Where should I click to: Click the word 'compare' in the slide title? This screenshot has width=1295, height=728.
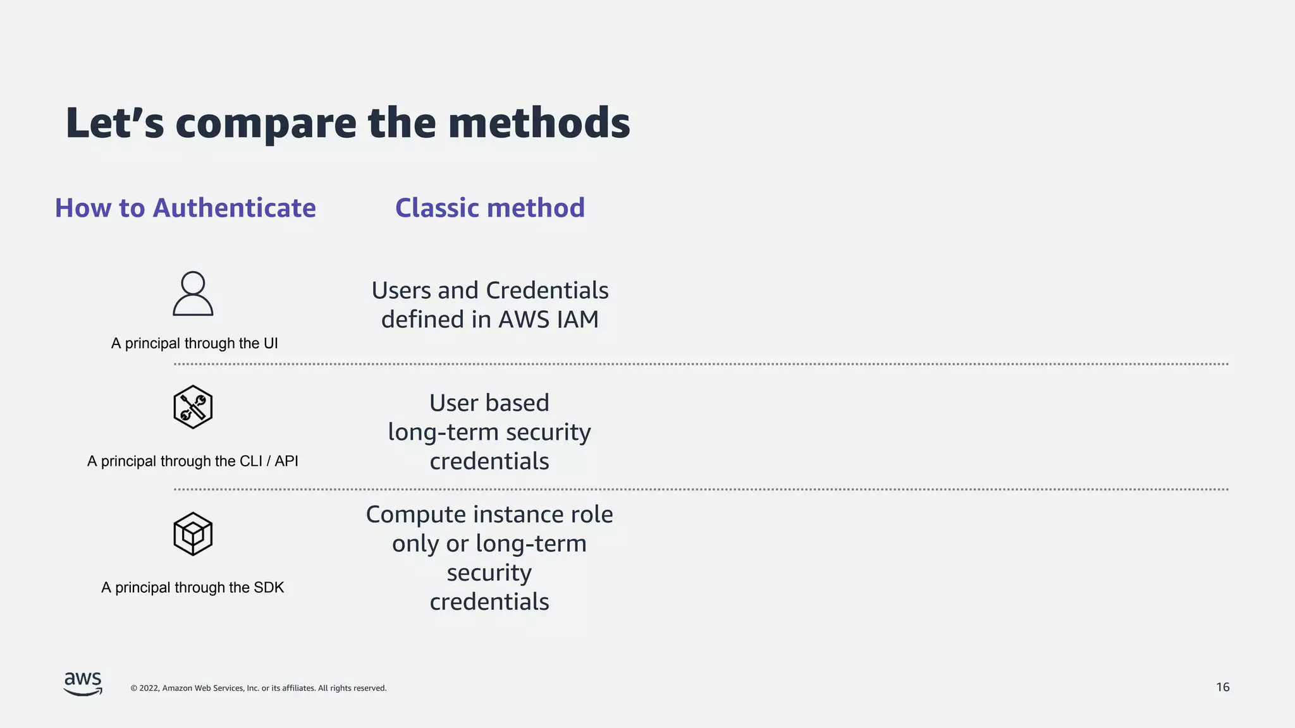click(266, 124)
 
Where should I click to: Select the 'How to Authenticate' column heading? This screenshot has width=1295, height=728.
click(185, 208)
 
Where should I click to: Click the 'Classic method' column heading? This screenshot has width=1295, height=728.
click(490, 208)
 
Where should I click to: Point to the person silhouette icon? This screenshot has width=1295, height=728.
click(193, 294)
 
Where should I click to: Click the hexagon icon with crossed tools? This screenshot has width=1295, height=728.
click(193, 407)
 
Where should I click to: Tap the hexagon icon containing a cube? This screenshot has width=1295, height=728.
click(193, 534)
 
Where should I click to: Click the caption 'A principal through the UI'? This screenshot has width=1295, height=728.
click(195, 343)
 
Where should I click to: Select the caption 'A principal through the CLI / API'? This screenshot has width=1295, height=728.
click(193, 461)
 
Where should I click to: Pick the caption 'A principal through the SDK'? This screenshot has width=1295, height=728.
click(193, 588)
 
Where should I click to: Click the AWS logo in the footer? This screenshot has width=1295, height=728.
click(83, 684)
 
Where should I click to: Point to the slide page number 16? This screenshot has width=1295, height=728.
click(1222, 687)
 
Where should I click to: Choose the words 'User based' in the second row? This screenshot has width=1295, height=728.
click(489, 403)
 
